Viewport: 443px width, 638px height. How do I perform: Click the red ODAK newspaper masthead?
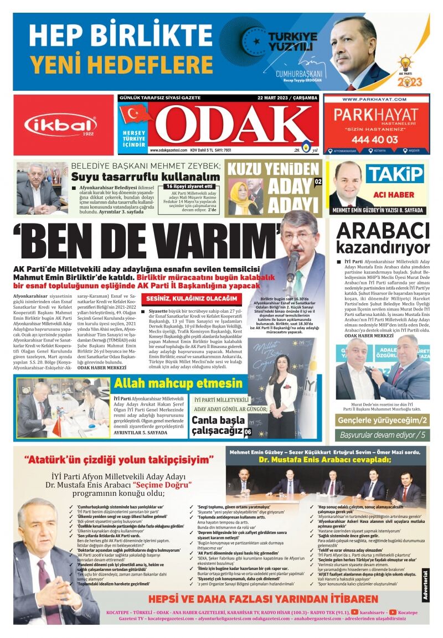(233, 125)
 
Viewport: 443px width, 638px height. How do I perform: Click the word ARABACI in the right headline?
(383, 230)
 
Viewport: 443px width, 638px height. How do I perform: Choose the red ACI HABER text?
(394, 195)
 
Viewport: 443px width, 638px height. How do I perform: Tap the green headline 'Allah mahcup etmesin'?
(178, 383)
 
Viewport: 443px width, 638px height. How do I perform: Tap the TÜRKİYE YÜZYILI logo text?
(293, 42)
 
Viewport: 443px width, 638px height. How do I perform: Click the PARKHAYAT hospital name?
(376, 117)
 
